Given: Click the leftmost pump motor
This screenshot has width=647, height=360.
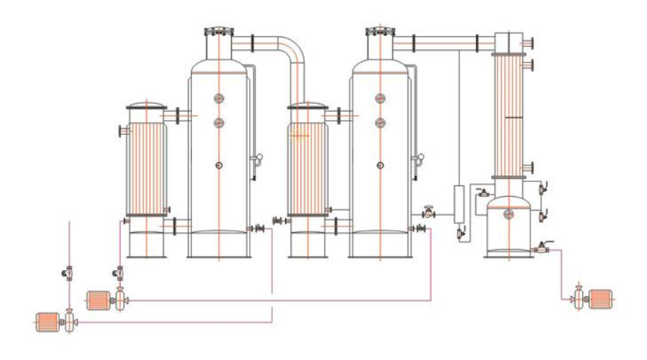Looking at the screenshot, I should (x=47, y=323).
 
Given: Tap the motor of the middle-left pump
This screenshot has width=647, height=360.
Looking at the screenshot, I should (x=97, y=301).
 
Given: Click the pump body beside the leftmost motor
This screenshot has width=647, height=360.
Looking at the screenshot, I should (x=69, y=323).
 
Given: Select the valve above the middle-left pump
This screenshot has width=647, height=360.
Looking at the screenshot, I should (x=119, y=272).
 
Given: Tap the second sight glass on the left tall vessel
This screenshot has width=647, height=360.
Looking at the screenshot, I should (x=219, y=122).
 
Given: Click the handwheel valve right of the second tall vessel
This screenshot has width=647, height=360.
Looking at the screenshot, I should (x=429, y=212).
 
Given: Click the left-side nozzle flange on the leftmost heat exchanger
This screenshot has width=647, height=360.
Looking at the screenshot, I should (x=121, y=131).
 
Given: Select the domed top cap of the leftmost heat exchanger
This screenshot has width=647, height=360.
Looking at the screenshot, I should (x=146, y=107).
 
